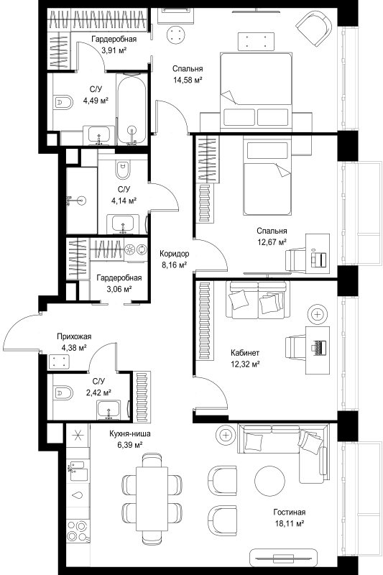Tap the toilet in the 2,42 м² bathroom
63,393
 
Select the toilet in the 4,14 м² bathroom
122,170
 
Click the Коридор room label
175,254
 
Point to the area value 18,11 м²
290,523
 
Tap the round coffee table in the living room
269,481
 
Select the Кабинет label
245,353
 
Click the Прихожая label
74,336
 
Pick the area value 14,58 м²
188,80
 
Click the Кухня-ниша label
130,434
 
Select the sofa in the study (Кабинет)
258,300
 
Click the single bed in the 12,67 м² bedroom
267,175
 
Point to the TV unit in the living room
282,558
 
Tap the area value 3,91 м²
114,50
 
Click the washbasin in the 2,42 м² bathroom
109,410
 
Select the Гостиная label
289,512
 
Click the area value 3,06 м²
119,289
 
